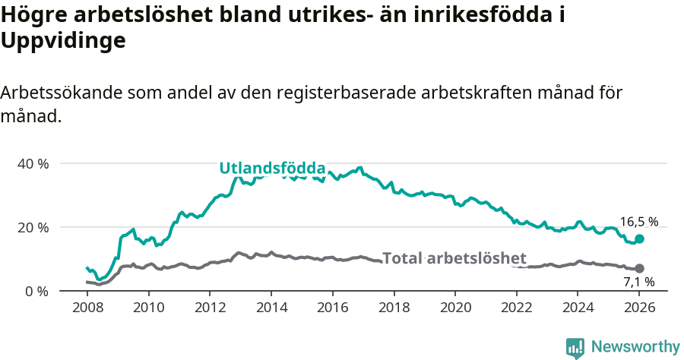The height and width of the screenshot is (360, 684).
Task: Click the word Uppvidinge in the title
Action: [x=62, y=42]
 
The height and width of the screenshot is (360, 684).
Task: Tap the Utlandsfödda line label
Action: [x=272, y=169]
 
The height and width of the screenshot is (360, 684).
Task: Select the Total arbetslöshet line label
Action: [x=454, y=258]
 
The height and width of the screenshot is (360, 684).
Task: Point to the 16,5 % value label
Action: [x=638, y=222]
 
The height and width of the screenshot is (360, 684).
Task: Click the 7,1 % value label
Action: [x=638, y=282]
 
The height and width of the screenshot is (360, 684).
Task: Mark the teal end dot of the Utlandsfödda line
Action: [x=639, y=238]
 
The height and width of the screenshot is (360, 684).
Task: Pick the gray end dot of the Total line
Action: [x=639, y=268]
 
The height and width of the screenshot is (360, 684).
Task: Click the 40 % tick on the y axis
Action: [x=33, y=163]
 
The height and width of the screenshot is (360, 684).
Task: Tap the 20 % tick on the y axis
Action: [x=33, y=227]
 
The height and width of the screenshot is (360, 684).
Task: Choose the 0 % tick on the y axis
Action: [x=36, y=291]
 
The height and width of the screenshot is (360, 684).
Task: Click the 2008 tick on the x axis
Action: [x=87, y=308]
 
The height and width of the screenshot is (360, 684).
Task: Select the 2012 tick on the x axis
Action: [x=210, y=308]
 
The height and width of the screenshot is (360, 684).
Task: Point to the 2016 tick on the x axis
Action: [x=333, y=308]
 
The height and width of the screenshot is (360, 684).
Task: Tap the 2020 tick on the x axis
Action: [x=455, y=308]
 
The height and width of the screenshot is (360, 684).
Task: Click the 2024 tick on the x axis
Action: [x=578, y=308]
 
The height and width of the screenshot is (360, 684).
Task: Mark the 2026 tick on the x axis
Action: [x=639, y=308]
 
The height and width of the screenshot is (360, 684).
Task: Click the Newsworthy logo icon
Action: [x=575, y=347]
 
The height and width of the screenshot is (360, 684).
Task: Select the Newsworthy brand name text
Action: [x=635, y=347]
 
